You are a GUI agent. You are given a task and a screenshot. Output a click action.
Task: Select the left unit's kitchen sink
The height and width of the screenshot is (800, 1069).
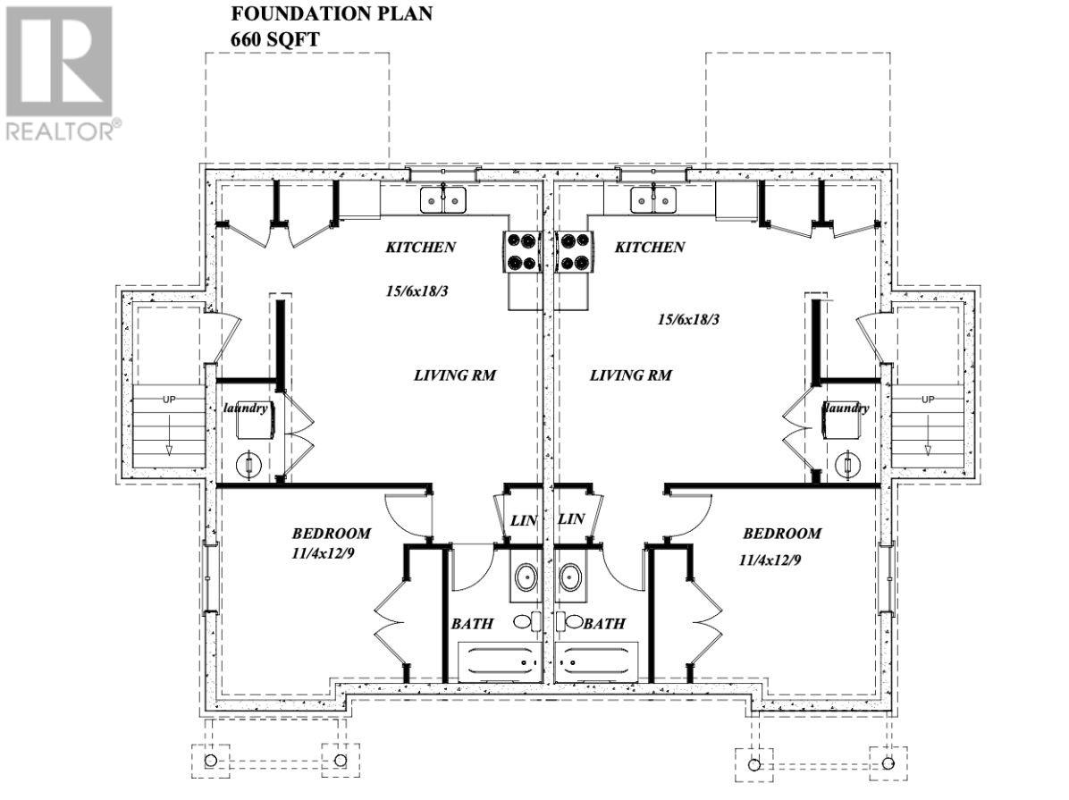click(444, 200)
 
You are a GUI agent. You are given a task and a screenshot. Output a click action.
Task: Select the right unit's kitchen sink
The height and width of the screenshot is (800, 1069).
click(652, 200)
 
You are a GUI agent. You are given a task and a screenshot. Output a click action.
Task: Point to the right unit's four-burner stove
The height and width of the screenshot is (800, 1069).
click(572, 251)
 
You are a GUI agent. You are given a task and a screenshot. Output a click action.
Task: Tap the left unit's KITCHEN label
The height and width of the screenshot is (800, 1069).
click(421, 248)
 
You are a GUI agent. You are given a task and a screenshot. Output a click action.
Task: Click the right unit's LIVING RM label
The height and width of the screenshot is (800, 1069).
click(630, 375)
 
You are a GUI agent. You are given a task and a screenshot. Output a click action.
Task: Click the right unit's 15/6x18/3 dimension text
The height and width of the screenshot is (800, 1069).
click(687, 318)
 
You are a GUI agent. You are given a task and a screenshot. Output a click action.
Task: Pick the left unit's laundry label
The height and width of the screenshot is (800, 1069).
click(246, 408)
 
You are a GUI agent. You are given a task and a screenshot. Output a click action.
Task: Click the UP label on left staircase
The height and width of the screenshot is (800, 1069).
click(169, 399)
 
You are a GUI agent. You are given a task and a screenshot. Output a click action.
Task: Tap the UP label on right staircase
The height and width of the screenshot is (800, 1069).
click(928, 399)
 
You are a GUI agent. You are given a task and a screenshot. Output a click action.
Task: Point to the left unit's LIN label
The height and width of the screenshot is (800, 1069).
click(521, 519)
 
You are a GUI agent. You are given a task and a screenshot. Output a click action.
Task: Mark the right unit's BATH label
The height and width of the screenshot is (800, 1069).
click(604, 623)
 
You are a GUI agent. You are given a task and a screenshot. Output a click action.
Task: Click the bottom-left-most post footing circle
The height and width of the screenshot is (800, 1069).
click(211, 761)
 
